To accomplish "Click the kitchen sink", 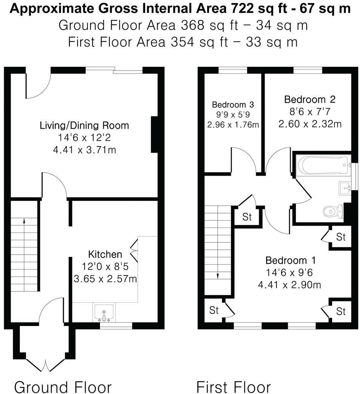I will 104,312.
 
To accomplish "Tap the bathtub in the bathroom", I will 325,165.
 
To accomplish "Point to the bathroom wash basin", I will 346,187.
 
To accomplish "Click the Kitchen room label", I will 105,254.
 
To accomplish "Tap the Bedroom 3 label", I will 233,104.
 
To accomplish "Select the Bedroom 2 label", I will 310,99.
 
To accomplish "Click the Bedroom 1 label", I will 291,260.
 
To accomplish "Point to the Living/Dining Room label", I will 84,125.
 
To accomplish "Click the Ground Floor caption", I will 63,386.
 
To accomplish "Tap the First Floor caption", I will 233,386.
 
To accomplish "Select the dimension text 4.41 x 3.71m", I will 84,150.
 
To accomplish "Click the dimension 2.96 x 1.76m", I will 233,124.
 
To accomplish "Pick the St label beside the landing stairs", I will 247,217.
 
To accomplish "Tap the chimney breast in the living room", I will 155,135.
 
